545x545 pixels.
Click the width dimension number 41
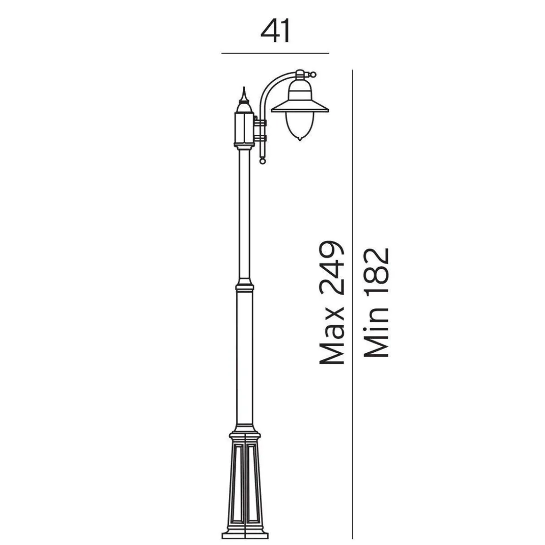click(x=275, y=31)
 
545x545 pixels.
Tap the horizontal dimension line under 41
click(x=275, y=53)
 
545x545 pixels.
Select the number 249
click(x=332, y=268)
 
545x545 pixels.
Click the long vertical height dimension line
click(x=352, y=304)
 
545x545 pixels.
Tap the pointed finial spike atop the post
click(x=244, y=94)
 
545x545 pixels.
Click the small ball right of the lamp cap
click(x=313, y=74)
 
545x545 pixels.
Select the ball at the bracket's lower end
click(x=263, y=161)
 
